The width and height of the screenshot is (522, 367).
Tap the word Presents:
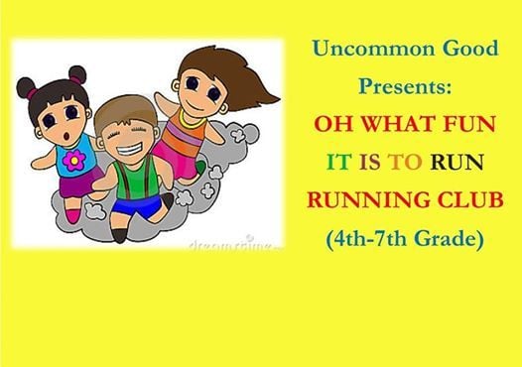pyautogui.click(x=404, y=87)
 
